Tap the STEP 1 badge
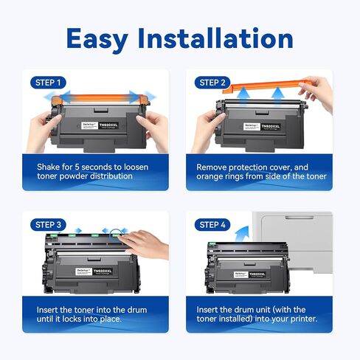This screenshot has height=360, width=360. click(x=49, y=82)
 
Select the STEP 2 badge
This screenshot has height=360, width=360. click(x=213, y=82)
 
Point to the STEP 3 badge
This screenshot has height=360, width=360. click(x=49, y=224)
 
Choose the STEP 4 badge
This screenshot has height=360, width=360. click(x=213, y=224)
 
